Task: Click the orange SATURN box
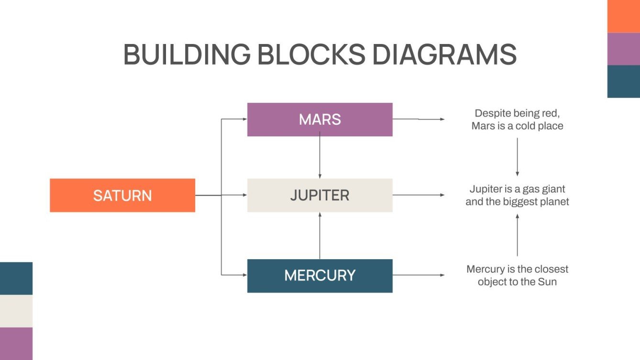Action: tap(122, 195)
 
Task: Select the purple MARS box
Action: tap(320, 120)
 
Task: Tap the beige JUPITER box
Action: tap(320, 195)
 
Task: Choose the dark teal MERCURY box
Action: tap(320, 275)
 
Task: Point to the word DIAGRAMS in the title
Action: tap(444, 55)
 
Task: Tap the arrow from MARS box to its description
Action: tap(418, 119)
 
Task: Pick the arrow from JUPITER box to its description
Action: tap(418, 195)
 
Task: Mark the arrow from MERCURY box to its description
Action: tap(418, 275)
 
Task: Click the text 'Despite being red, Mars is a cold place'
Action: tap(517, 120)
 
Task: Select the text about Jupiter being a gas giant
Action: tap(517, 195)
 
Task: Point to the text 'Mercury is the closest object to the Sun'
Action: tap(517, 275)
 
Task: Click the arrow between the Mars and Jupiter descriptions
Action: tap(517, 157)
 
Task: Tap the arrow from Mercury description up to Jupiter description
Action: tap(517, 235)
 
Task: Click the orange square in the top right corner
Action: tap(624, 16)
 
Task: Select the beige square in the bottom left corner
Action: tap(16, 311)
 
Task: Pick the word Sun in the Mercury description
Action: tap(548, 282)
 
